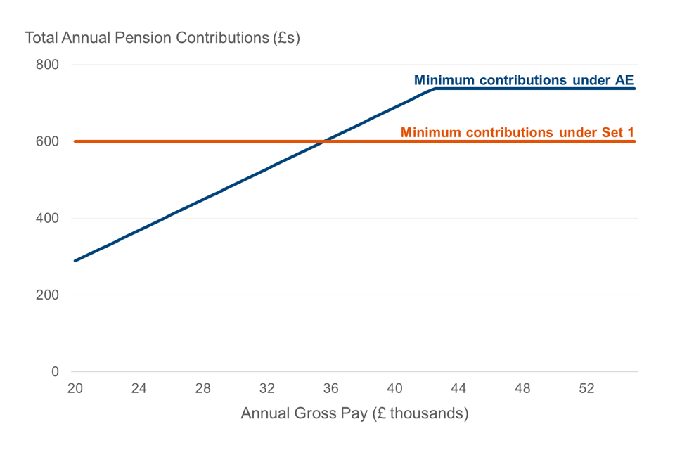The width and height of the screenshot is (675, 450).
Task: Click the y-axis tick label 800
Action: [x=47, y=65]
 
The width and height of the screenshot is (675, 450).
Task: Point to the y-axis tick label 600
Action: [x=47, y=141]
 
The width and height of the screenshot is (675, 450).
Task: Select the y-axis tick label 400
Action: [x=47, y=218]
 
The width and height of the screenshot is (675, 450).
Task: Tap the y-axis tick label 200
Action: [x=47, y=295]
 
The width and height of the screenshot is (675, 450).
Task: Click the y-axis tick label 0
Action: [x=55, y=371]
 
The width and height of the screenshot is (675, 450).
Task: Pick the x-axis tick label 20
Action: [x=75, y=388]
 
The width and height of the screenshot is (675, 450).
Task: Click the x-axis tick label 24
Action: [x=139, y=388]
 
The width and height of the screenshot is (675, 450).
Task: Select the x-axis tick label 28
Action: [x=202, y=388]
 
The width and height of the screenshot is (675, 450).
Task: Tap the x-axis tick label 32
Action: [x=266, y=388]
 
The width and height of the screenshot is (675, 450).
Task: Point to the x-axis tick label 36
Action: [x=330, y=388]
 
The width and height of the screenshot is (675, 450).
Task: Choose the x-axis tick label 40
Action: [x=394, y=388]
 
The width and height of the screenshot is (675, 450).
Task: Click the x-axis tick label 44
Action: [x=458, y=388]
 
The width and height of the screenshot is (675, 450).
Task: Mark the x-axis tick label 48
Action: [x=522, y=388]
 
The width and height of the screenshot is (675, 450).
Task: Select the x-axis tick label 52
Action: [x=586, y=388]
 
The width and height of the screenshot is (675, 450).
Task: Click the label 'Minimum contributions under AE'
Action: [x=524, y=80]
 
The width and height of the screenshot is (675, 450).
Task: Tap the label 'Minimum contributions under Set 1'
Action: [x=517, y=132]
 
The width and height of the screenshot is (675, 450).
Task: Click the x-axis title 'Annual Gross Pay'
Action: [x=354, y=413]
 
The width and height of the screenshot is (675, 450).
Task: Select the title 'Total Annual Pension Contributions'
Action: [x=162, y=37]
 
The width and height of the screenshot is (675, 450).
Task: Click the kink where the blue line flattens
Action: [x=435, y=89]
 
